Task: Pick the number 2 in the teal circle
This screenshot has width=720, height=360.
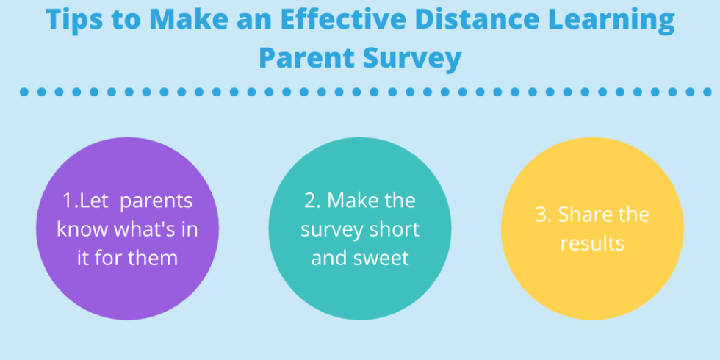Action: (308, 201)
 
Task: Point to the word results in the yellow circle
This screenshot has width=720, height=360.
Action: (592, 243)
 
